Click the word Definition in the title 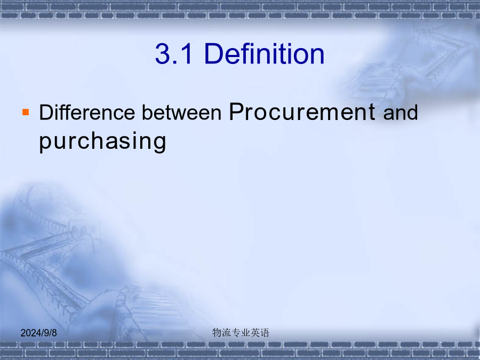coord(264,53)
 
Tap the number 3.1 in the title coord(174,53)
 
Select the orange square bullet coord(26,112)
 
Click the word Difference coord(87,112)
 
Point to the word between coord(181,112)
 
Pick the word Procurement coord(302,111)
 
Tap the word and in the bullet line coord(401,112)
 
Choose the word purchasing coord(102,142)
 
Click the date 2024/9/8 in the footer coord(38,333)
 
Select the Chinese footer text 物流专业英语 coord(241,332)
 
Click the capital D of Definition coord(214,53)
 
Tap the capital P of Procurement coord(237,111)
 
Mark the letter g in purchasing coord(159,144)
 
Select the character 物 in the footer coord(217,332)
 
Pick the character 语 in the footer coord(265,332)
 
